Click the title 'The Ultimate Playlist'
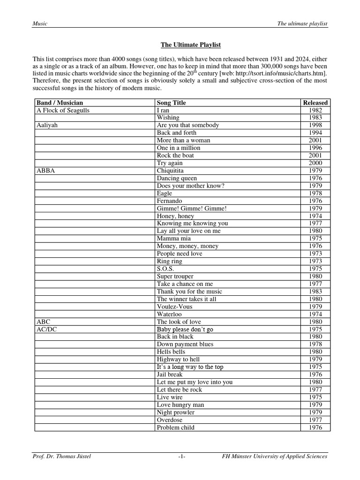[x=190, y=45]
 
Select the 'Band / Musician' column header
[x=60, y=103]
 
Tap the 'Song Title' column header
[x=172, y=103]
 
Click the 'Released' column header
[x=315, y=103]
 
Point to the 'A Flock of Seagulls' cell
[x=63, y=110]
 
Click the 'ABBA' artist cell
[x=46, y=171]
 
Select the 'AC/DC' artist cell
[x=47, y=329]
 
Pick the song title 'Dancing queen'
[x=177, y=178]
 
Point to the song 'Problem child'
[x=175, y=427]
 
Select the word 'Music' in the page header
[x=40, y=24]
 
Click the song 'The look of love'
[x=179, y=322]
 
